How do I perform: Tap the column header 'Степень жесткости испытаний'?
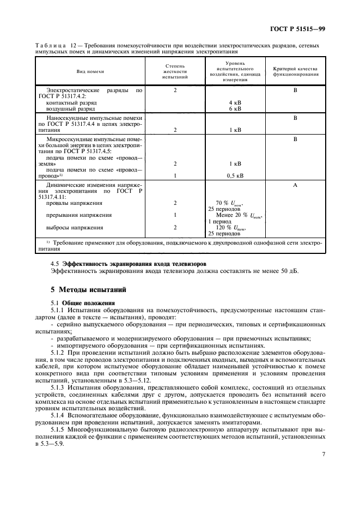(x=175, y=71)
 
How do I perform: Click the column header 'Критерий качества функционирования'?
(x=295, y=71)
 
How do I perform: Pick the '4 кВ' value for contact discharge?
(x=235, y=102)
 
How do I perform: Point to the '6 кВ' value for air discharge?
(x=235, y=108)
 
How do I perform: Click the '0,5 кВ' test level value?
(x=235, y=176)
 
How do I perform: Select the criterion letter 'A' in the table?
(x=295, y=185)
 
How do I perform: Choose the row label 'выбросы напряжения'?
(x=70, y=228)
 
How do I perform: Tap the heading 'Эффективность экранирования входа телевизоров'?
(x=136, y=264)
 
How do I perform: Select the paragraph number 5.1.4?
(x=58, y=415)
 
